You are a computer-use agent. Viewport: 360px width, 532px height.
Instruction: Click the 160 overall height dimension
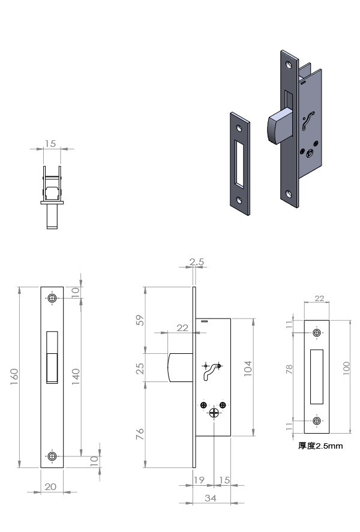click(14, 376)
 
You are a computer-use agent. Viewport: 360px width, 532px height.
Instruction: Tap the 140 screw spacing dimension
click(76, 376)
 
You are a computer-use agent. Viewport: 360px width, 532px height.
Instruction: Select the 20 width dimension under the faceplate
click(50, 487)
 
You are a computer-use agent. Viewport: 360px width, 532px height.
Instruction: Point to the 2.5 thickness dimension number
click(197, 262)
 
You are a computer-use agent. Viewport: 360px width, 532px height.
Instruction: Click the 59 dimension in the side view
click(140, 320)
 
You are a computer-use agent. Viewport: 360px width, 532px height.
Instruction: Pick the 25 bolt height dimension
click(140, 368)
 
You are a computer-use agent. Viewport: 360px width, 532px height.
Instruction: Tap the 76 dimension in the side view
click(140, 434)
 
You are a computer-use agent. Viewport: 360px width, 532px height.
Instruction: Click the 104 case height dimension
click(248, 368)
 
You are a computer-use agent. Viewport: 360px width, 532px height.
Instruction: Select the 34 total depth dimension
click(211, 498)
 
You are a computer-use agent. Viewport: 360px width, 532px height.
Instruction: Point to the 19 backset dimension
click(199, 480)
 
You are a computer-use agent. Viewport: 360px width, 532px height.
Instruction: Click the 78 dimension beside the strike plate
click(289, 369)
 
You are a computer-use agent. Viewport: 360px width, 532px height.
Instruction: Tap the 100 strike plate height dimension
click(346, 368)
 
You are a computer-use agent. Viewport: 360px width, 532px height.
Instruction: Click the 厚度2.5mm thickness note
click(320, 446)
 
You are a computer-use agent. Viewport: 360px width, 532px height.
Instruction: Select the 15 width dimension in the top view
click(50, 144)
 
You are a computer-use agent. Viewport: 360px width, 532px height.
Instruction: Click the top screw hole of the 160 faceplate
click(52, 298)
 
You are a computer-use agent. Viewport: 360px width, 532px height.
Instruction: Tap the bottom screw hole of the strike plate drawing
click(317, 420)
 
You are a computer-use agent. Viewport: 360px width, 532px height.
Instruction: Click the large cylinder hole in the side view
click(214, 413)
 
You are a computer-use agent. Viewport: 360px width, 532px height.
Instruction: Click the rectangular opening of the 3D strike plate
click(239, 164)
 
